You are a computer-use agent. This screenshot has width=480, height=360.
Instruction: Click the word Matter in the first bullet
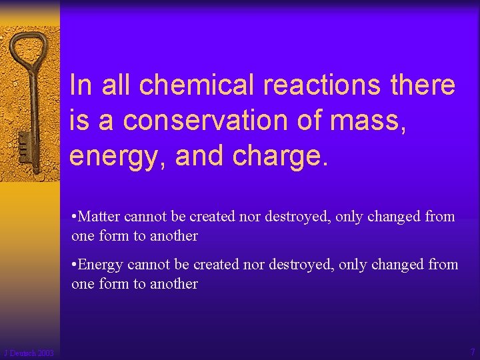tap(99, 217)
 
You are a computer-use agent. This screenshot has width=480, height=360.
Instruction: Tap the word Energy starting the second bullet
tap(101, 265)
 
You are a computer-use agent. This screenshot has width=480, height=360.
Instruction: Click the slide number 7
tap(472, 352)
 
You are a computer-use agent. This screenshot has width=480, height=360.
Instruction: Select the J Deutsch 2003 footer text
tap(29, 353)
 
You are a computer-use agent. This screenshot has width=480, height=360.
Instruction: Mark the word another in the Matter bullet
tap(173, 236)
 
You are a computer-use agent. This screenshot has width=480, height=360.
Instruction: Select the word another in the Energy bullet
tap(173, 284)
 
